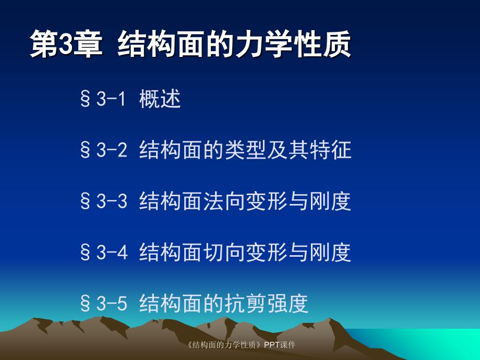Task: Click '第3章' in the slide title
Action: (64, 44)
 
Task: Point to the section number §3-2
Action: (103, 150)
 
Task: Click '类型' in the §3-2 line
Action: (245, 150)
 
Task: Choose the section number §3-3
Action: (103, 201)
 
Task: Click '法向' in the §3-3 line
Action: (224, 201)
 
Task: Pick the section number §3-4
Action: (103, 253)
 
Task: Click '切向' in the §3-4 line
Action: (224, 253)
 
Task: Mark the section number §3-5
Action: (103, 303)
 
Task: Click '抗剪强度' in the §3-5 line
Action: (267, 303)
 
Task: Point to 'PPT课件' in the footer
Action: (280, 345)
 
